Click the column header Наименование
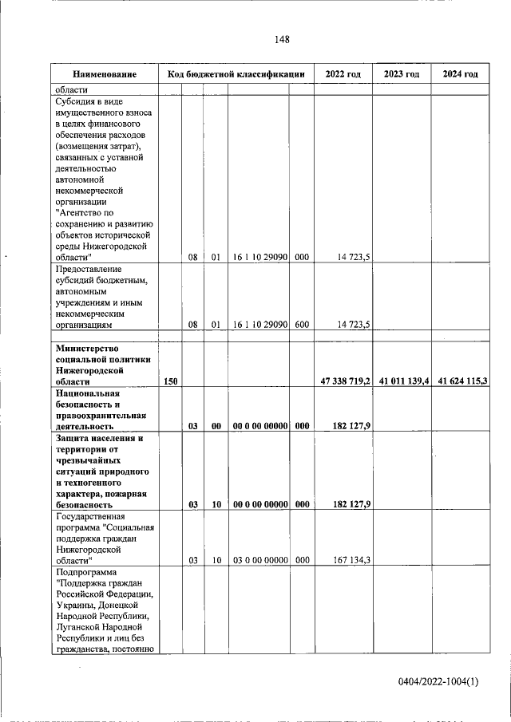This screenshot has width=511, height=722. pos(104,74)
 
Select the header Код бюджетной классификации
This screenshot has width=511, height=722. pos(236,74)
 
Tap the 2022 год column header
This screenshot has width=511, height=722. pos(343,74)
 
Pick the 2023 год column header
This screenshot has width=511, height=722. pos(402,74)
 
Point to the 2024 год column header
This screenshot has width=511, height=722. pos(461,74)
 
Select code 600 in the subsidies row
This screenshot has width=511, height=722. pos(301,325)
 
